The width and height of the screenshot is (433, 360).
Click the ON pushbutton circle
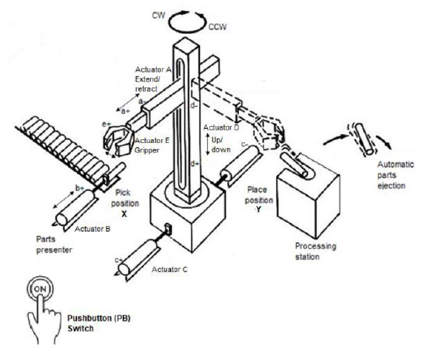click(x=40, y=289)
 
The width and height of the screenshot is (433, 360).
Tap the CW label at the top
click(x=158, y=16)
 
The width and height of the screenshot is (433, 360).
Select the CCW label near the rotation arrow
click(x=218, y=27)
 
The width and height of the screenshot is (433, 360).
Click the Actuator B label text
click(x=93, y=229)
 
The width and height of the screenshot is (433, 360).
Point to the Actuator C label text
click(x=169, y=269)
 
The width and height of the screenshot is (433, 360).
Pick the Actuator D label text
click(x=221, y=127)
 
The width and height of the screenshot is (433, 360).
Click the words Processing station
click(x=315, y=251)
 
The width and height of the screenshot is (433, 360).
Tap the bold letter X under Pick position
click(x=124, y=214)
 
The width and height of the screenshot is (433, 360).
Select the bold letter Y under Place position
click(x=258, y=210)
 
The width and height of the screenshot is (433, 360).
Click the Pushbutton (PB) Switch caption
click(x=99, y=323)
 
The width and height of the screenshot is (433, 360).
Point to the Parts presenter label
click(x=54, y=244)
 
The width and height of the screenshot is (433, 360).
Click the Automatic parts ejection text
click(x=395, y=175)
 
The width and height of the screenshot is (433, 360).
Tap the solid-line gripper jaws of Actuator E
click(x=118, y=141)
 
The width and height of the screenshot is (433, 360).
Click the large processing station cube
click(x=308, y=197)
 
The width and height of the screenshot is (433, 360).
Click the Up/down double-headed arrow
click(x=208, y=144)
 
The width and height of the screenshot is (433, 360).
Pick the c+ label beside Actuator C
click(x=118, y=260)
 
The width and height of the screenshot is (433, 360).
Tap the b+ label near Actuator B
click(x=80, y=188)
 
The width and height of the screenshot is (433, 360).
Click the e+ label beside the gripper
click(x=107, y=124)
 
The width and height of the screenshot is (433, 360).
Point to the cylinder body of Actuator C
click(x=137, y=258)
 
